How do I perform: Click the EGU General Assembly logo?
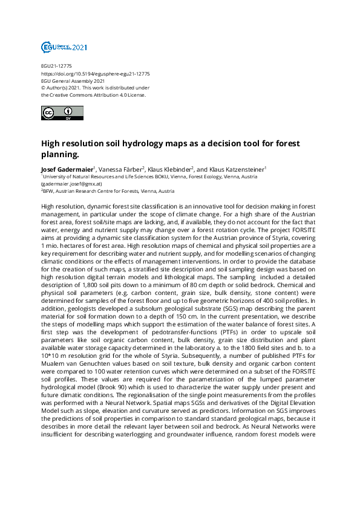(64, 47)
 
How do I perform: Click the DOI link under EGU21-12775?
(96, 73)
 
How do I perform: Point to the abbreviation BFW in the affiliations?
(49, 190)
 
